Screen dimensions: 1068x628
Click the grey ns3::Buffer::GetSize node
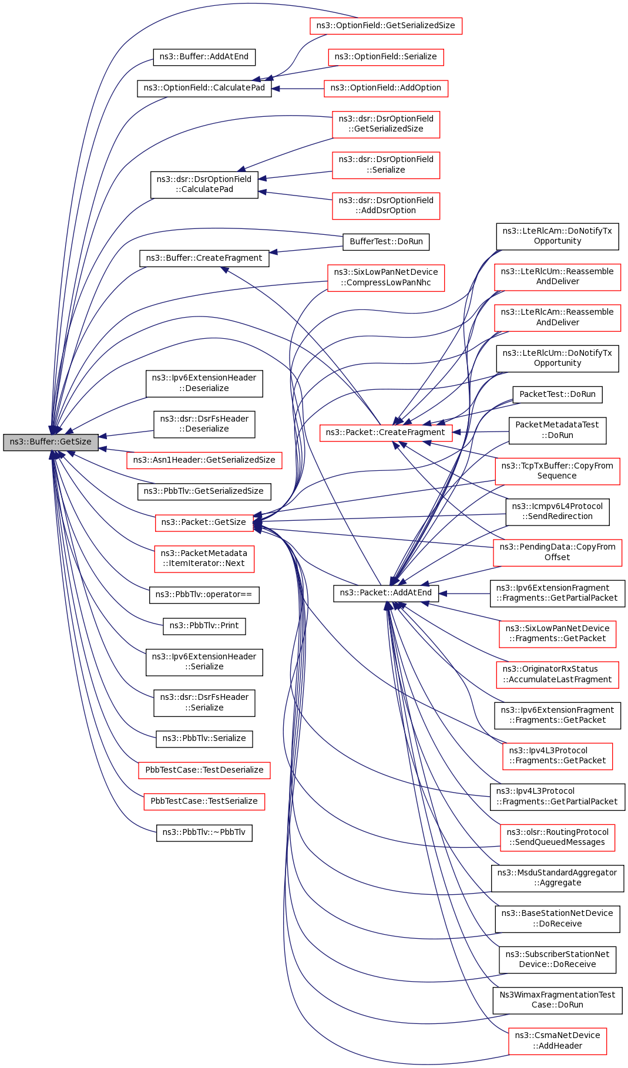coord(51,442)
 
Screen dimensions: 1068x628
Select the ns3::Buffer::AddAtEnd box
coord(204,57)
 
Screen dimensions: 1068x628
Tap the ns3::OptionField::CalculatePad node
coord(204,88)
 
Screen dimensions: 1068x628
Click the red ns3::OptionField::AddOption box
coord(385,88)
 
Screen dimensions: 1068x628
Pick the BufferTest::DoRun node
coord(386,242)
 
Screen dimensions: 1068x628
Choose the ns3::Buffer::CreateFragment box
coord(204,258)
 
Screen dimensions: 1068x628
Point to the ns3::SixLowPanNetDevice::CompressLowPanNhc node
coord(385,278)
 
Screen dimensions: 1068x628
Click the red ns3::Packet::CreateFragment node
coord(385,433)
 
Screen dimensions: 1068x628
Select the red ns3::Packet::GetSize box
coord(204,523)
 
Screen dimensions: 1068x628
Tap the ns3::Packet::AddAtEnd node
coord(385,593)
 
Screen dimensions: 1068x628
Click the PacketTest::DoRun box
coord(557,395)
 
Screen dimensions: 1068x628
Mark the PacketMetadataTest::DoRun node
coord(557,430)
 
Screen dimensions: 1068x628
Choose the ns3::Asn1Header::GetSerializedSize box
coord(204,460)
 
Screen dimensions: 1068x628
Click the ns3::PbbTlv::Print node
coord(204,626)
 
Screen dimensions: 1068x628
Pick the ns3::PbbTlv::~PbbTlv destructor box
coord(204,833)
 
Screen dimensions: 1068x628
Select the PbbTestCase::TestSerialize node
coord(204,801)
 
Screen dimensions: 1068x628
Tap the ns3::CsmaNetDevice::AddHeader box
coord(557,1041)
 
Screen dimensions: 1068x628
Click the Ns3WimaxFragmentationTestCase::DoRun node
coord(557,1000)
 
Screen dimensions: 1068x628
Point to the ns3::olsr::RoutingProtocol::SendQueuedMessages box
coord(557,837)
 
